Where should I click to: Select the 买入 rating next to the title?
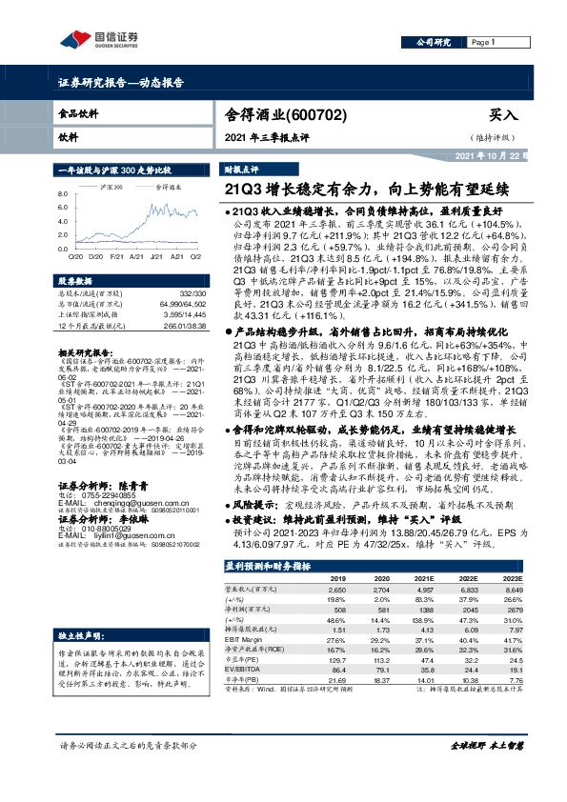point(502,114)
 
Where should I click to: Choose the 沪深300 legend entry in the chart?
point(112,189)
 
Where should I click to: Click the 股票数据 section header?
point(75,282)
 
